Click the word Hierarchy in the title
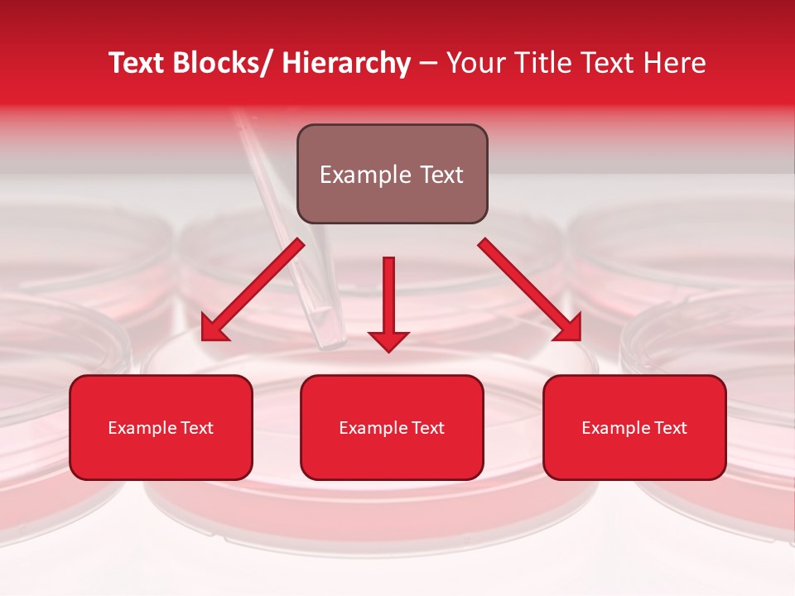[345, 64]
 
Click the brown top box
[392, 174]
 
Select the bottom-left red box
[161, 427]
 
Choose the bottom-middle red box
[392, 427]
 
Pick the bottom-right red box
[634, 427]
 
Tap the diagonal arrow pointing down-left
[253, 289]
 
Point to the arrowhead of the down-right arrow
[567, 328]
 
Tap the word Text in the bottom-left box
[196, 428]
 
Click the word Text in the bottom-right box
[670, 428]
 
